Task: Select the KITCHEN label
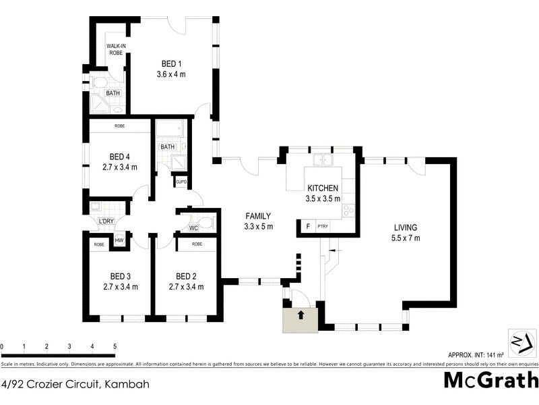click(323, 188)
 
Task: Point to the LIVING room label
click(405, 227)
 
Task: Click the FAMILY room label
click(259, 215)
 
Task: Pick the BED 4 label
click(120, 156)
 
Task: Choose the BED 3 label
click(121, 276)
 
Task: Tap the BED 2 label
click(186, 276)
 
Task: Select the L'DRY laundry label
click(106, 221)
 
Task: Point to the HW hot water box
click(119, 240)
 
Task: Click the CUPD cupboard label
click(181, 182)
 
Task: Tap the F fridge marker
click(308, 227)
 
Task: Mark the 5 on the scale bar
click(115, 346)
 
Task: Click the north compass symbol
click(521, 341)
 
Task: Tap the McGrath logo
click(491, 379)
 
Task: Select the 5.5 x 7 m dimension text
click(405, 238)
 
